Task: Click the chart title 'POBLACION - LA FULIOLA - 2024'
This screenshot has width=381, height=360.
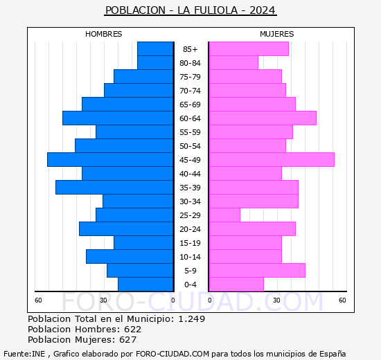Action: pyautogui.click(x=190, y=10)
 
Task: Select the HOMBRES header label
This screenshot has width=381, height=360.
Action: pyautogui.click(x=103, y=34)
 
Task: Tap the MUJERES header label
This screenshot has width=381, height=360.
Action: pyautogui.click(x=276, y=34)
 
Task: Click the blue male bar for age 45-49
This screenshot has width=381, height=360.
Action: pyautogui.click(x=110, y=159)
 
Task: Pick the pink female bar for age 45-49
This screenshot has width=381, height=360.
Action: pyautogui.click(x=271, y=159)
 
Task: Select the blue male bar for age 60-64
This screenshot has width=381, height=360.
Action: pyautogui.click(x=118, y=118)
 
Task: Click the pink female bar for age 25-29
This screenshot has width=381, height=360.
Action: pyautogui.click(x=224, y=215)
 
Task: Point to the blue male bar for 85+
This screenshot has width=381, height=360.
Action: pyautogui.click(x=155, y=48)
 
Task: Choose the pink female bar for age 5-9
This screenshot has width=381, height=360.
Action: pyautogui.click(x=256, y=270)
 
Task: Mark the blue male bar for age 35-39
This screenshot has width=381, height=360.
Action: pyautogui.click(x=114, y=187)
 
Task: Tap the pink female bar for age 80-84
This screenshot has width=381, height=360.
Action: pyautogui.click(x=233, y=62)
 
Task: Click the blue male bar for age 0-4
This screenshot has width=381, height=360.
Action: pyautogui.click(x=145, y=284)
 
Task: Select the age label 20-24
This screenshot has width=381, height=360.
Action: pyautogui.click(x=190, y=229)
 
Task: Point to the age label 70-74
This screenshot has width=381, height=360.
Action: pyautogui.click(x=190, y=91)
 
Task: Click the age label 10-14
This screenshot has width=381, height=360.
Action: pyautogui.click(x=190, y=257)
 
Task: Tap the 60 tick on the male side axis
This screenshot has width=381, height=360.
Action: pyautogui.click(x=39, y=300)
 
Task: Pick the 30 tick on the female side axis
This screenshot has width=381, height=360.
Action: pyautogui.click(x=276, y=300)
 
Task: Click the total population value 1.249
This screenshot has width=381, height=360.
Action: pyautogui.click(x=191, y=319)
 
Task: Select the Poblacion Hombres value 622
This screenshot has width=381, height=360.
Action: pyautogui.click(x=133, y=330)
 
